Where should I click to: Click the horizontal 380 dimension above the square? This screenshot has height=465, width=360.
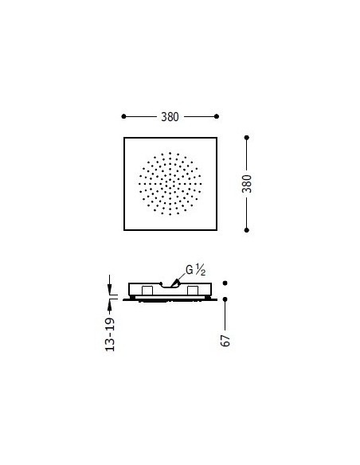click(169, 116)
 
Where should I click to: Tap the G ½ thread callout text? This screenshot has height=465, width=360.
click(196, 270)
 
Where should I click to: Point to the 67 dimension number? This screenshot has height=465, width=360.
click(226, 338)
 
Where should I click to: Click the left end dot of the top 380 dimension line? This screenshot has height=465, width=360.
click(124, 116)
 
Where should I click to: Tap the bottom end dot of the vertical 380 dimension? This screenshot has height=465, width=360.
click(247, 230)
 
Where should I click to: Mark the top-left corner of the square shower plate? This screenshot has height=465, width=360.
click(124, 139)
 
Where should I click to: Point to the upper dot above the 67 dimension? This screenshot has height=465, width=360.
click(226, 283)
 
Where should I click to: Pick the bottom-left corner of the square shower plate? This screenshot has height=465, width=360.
click(124, 230)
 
